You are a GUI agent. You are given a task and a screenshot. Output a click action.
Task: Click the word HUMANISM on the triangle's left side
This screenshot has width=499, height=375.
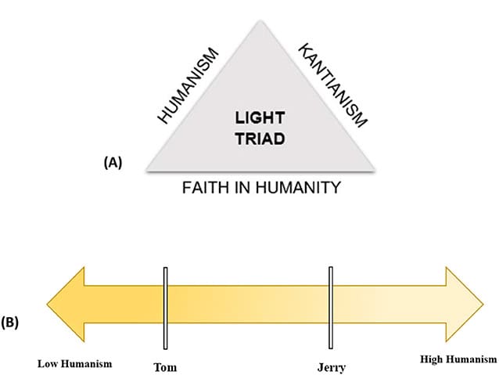click(188, 86)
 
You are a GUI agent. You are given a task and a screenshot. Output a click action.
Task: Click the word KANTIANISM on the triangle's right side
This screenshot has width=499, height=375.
click(332, 85)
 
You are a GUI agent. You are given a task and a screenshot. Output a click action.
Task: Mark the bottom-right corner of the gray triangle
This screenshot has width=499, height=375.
click(377, 170)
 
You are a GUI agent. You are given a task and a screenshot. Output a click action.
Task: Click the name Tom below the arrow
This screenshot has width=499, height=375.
click(166, 365)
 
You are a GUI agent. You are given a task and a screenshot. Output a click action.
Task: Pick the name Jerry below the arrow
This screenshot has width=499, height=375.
click(331, 366)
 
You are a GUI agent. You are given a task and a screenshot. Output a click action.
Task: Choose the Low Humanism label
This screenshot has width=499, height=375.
click(75, 363)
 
